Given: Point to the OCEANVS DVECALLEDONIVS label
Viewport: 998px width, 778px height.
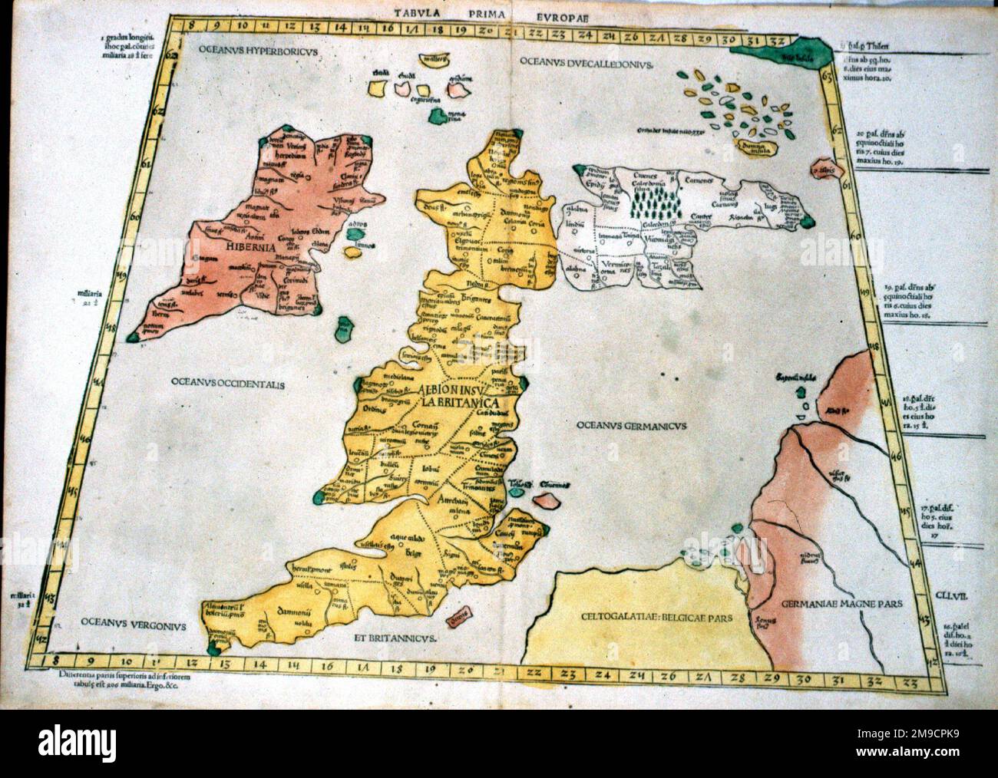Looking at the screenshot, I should pos(584,63).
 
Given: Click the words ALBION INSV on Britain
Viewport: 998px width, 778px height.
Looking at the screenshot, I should pos(458,387).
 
